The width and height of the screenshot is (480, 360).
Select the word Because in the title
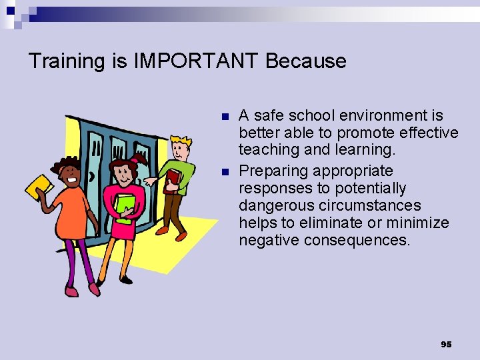click(x=306, y=61)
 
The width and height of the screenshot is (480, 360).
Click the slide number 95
click(x=446, y=344)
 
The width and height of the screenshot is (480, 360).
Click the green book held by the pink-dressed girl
click(x=125, y=203)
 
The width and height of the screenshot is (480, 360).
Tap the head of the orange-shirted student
click(x=69, y=173)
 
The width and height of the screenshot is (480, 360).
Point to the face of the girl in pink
click(x=123, y=175)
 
